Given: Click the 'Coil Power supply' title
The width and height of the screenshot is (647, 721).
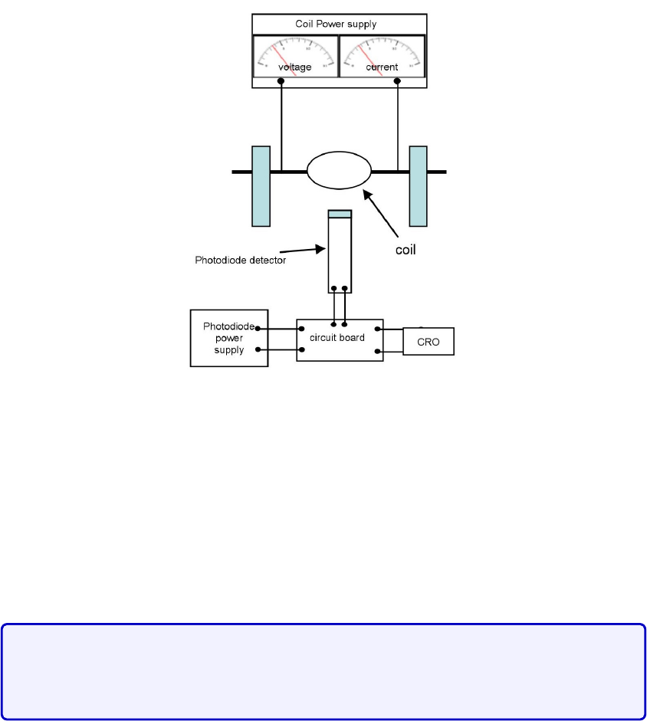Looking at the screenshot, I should click(336, 24).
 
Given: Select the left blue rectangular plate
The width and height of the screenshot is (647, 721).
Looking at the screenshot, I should click(261, 186).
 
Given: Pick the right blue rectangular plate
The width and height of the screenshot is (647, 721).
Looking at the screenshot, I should click(418, 186).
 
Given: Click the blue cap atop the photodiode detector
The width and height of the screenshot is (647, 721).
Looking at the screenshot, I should click(340, 214).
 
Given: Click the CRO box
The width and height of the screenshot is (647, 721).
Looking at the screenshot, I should click(429, 342).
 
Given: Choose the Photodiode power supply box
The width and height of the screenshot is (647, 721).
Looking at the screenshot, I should click(229, 338).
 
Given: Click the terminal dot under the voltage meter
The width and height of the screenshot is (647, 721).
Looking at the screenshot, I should click(282, 80).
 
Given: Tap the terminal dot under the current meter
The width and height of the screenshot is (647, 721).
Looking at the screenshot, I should click(398, 80).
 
